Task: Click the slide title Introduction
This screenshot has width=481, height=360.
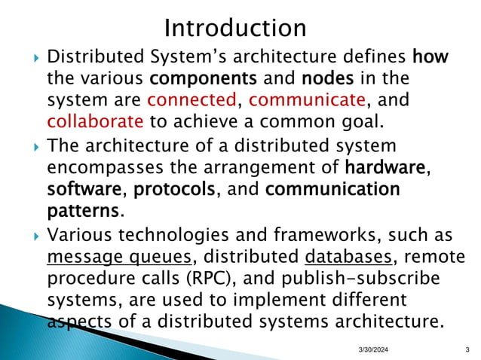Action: tap(235, 28)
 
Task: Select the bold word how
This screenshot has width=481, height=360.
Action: tap(429, 56)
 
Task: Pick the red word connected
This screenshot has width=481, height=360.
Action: tap(192, 99)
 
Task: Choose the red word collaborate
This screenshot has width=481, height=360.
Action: tap(95, 121)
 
